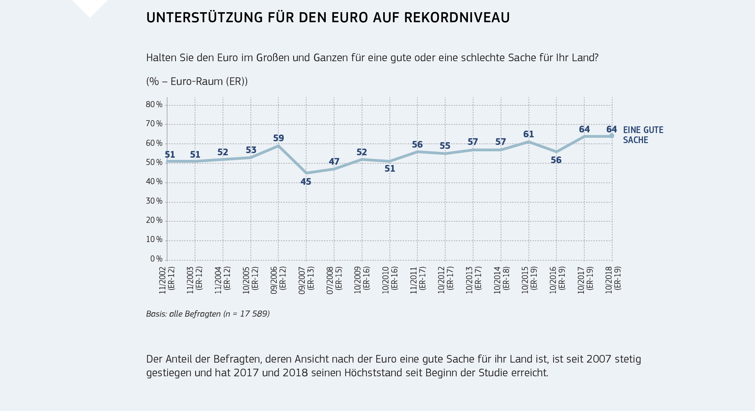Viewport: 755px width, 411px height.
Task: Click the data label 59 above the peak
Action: tap(279, 138)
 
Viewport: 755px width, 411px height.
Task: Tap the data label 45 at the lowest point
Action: tap(306, 182)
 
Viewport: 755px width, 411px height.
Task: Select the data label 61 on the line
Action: tap(528, 134)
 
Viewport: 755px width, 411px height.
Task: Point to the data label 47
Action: tap(334, 162)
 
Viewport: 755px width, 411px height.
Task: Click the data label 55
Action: tap(445, 146)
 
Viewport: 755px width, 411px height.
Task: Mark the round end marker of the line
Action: tap(612, 136)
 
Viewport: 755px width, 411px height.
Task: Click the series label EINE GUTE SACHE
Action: tap(643, 135)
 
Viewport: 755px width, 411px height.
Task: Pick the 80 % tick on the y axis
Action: tap(154, 105)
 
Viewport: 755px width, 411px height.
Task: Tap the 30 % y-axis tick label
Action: tap(154, 201)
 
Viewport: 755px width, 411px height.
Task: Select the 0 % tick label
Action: tap(156, 259)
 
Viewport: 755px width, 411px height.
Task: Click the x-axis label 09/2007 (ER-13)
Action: tap(306, 280)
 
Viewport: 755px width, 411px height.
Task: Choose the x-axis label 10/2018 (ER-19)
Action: tap(613, 280)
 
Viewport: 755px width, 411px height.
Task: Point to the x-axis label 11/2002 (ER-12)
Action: tap(167, 280)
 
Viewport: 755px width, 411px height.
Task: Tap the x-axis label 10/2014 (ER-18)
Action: tap(501, 280)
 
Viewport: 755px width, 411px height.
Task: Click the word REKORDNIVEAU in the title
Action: tap(457, 18)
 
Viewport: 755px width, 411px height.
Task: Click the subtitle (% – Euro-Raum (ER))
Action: tap(197, 82)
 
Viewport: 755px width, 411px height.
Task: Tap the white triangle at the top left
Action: tap(90, 6)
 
